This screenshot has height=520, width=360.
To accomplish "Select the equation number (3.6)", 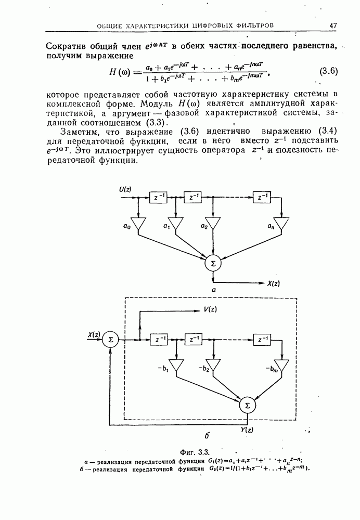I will click(x=328, y=71).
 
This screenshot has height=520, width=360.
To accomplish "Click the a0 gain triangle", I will click(x=139, y=224).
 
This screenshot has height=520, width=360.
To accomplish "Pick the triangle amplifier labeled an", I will click(x=281, y=224).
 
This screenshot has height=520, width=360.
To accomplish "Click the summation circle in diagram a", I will click(x=212, y=264).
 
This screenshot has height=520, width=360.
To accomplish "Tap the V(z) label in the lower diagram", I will click(x=211, y=310).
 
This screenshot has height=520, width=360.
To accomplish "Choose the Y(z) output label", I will click(x=247, y=429).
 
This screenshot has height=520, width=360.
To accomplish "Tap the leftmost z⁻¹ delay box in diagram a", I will click(x=158, y=197).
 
